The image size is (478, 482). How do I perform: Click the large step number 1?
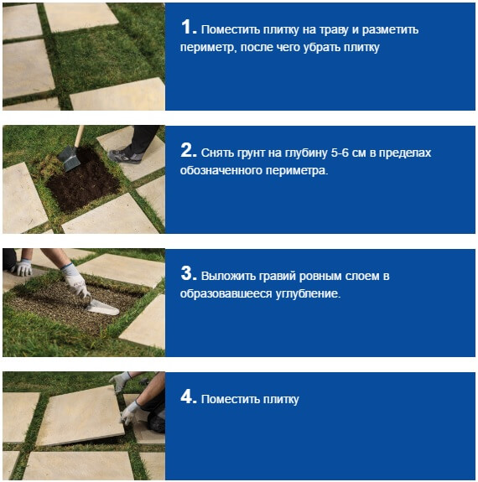187,27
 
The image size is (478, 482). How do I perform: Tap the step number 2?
187,150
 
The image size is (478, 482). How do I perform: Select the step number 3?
187,273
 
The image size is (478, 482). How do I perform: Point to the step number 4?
187,396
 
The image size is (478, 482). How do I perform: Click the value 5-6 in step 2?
337,153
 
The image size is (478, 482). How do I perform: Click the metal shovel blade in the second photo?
70,158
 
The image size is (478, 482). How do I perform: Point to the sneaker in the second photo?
125,156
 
